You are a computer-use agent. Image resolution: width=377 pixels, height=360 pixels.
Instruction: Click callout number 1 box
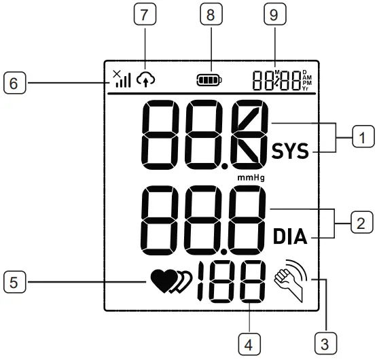[362, 138]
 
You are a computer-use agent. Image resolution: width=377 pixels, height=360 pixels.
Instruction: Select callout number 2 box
[362, 222]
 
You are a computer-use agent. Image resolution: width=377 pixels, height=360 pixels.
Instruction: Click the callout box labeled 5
[14, 279]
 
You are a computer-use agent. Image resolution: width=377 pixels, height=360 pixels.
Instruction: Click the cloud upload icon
[145, 80]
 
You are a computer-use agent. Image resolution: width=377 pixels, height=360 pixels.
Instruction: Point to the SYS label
[291, 151]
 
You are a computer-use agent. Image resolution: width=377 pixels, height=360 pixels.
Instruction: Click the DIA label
[291, 237]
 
